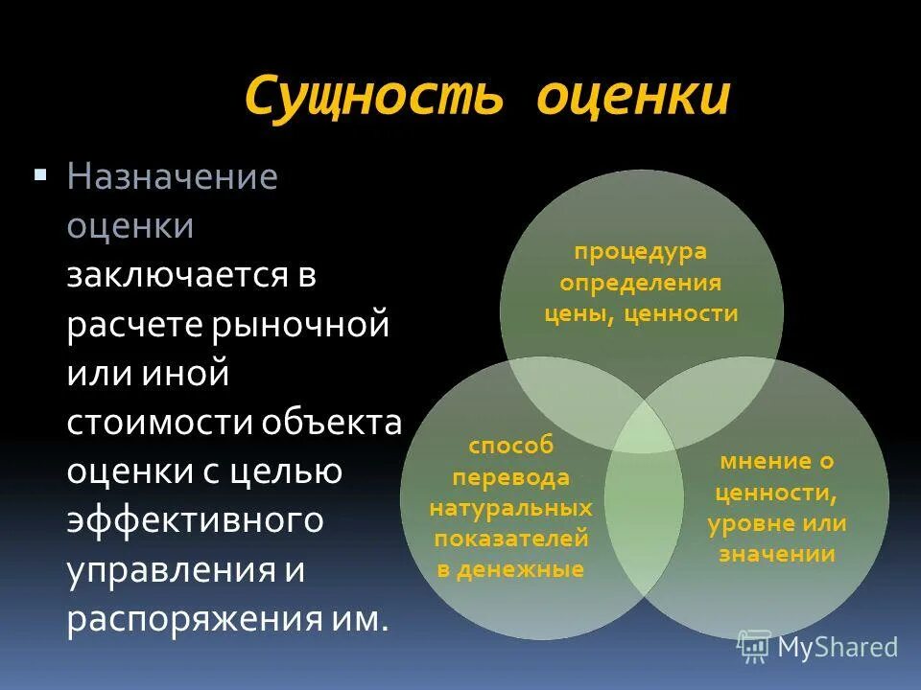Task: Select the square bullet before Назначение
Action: [40, 175]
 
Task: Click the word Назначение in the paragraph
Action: [173, 178]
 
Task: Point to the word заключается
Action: [177, 277]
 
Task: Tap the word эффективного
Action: [191, 521]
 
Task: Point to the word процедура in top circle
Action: [640, 252]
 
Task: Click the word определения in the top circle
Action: [641, 283]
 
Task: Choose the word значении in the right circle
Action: [777, 554]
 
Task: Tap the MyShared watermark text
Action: [838, 648]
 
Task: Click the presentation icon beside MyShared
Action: [754, 647]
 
